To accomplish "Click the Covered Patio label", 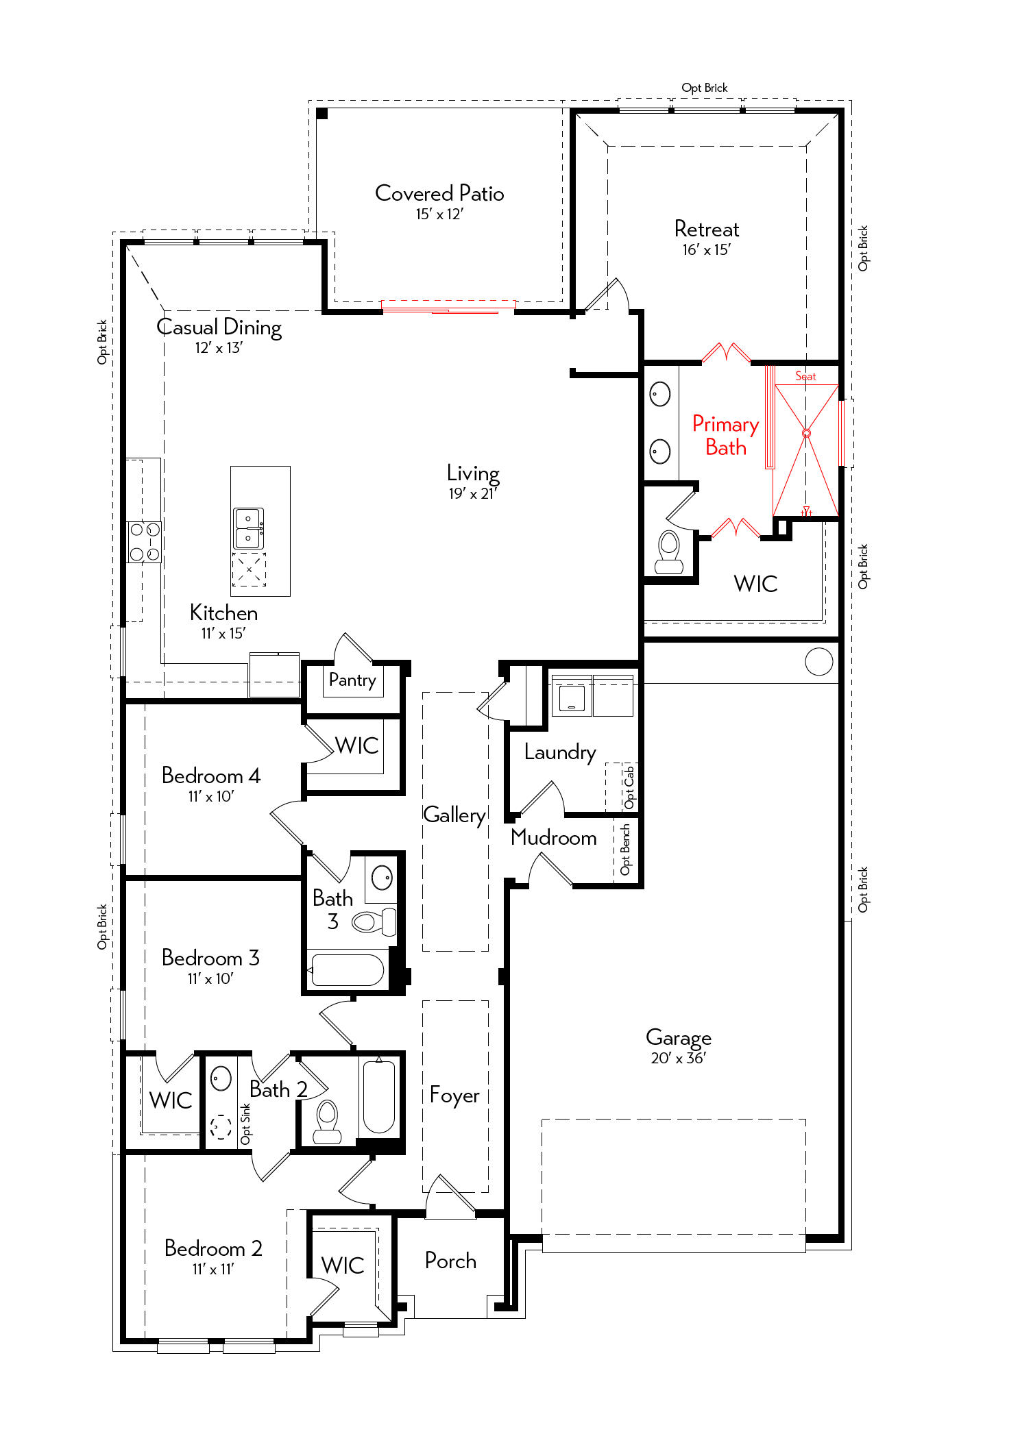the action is [439, 193].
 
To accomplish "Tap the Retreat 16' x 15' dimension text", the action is [706, 250].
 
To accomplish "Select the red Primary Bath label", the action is [725, 436].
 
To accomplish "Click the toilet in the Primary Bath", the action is [669, 552].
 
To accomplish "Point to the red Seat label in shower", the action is [805, 376].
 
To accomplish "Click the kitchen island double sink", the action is [248, 528].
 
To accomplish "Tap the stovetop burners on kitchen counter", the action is [145, 542].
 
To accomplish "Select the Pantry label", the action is [352, 680].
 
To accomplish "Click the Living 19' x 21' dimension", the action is [473, 494].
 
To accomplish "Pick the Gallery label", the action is [454, 815].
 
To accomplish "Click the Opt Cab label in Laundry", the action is [629, 787].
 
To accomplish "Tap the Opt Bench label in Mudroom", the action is [625, 850].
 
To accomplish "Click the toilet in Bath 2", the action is [327, 1122].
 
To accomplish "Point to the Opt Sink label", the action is [245, 1124].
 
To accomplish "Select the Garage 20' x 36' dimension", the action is [678, 1059].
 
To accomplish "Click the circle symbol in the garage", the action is [819, 662].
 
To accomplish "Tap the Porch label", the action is [450, 1261].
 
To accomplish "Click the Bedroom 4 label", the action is [211, 776].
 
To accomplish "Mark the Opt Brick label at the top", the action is [705, 88].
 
